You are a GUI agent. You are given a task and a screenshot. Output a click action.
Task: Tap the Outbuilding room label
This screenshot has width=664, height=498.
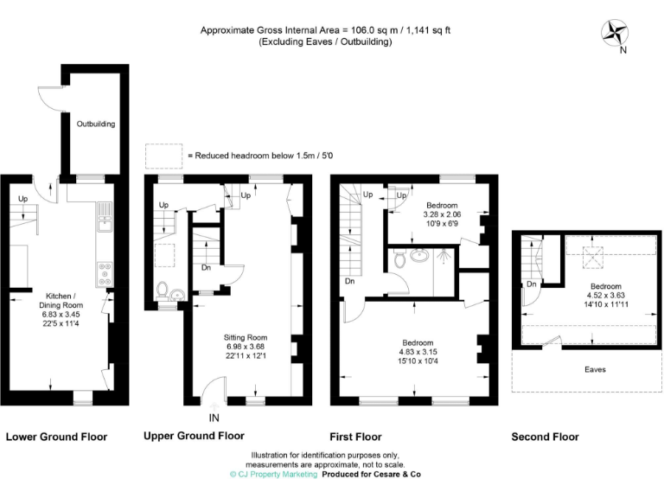pyautogui.click(x=95, y=124)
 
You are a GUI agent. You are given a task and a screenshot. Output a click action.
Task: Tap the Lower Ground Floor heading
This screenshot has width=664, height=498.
pyautogui.click(x=56, y=437)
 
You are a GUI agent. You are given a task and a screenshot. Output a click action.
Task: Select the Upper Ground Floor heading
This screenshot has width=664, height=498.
pyautogui.click(x=194, y=436)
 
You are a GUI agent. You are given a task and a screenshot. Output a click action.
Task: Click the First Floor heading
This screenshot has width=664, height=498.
pyautogui.click(x=355, y=437)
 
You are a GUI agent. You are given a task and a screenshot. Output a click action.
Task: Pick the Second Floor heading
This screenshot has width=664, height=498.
pyautogui.click(x=545, y=437)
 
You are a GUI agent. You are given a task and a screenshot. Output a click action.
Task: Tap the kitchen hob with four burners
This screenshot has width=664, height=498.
pyautogui.click(x=105, y=272)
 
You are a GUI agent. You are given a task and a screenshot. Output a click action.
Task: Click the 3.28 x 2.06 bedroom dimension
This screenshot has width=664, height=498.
pyautogui.click(x=442, y=214)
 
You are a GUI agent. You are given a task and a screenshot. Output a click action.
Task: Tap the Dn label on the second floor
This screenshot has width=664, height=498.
pyautogui.click(x=533, y=284)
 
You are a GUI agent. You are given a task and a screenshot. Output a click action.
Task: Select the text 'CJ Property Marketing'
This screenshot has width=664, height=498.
pyautogui.click(x=277, y=475)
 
